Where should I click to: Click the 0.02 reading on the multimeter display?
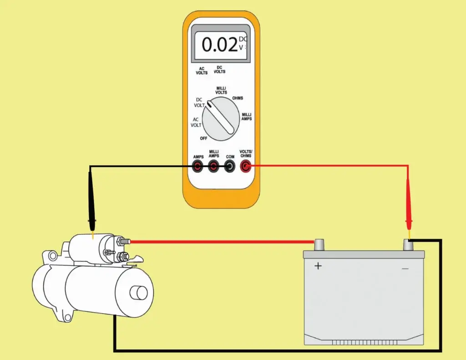(x=220, y=45)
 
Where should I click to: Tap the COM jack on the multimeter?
(x=230, y=167)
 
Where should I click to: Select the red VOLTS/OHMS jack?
(x=246, y=167)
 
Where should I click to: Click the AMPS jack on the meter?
(x=198, y=167)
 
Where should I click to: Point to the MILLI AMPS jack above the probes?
(x=214, y=167)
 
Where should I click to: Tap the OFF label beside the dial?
(x=203, y=137)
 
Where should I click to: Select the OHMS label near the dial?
(x=238, y=98)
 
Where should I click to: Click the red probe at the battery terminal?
(x=408, y=223)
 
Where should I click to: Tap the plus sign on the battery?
(x=318, y=266)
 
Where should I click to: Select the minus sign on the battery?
(x=405, y=269)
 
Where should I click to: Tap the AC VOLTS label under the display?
(x=202, y=71)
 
